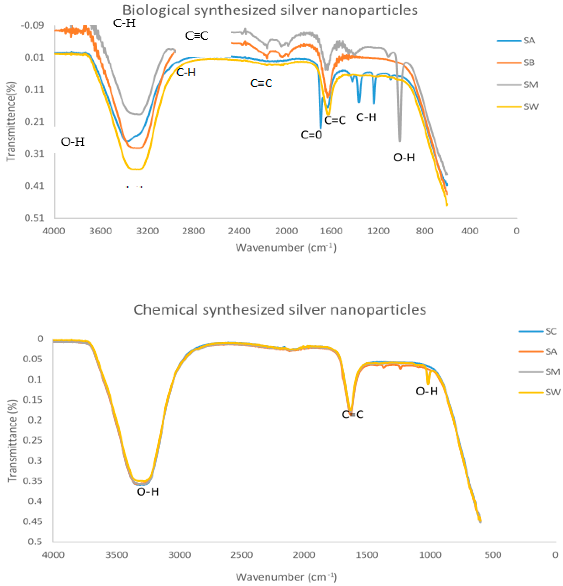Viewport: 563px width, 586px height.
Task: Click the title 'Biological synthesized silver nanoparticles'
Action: tap(270, 10)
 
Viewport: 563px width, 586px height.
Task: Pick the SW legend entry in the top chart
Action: tap(530, 107)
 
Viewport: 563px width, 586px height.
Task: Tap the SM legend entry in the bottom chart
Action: tap(552, 372)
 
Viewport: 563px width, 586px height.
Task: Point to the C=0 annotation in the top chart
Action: tap(311, 135)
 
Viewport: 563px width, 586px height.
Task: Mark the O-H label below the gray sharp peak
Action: tap(404, 158)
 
